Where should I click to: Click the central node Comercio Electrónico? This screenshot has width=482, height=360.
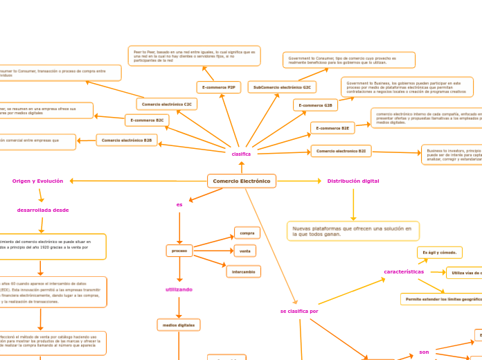point(241,181)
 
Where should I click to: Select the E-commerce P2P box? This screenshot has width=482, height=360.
point(219,87)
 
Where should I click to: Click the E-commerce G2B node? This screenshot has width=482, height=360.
point(315,105)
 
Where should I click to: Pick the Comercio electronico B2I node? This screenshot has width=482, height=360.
point(341,150)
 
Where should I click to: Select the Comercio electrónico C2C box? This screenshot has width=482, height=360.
point(167,104)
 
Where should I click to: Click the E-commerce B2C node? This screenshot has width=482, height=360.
point(147,120)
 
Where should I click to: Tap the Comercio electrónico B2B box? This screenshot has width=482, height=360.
point(127,141)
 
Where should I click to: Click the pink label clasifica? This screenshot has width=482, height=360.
point(241,154)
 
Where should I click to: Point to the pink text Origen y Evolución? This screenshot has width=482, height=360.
point(37,181)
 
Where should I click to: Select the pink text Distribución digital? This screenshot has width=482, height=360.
point(353,181)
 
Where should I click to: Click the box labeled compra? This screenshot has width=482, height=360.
point(246,233)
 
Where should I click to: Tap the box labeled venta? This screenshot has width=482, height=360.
point(245,250)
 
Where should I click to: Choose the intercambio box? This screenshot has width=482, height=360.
point(244,271)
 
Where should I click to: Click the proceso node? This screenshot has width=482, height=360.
point(179,250)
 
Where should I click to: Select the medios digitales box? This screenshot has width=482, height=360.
point(179,324)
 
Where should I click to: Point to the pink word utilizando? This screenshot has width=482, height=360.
point(179,289)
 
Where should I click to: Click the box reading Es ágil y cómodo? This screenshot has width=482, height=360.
point(439,252)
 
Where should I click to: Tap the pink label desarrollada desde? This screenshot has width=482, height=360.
point(43,210)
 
